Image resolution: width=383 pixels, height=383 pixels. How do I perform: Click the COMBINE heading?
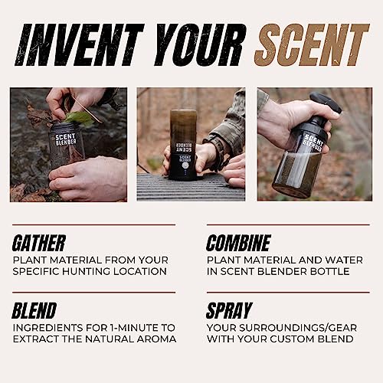click(x=238, y=244)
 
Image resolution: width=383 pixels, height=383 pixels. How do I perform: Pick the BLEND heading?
click(x=34, y=311)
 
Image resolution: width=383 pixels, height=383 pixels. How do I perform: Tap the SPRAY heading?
click(x=230, y=311)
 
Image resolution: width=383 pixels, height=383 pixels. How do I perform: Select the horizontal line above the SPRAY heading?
click(x=288, y=292)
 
